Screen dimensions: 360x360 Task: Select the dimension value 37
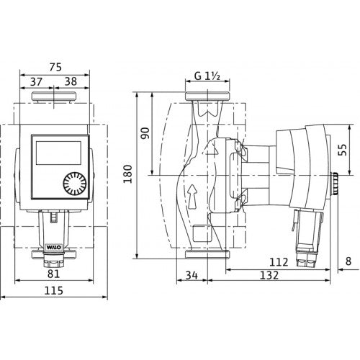pos(36,81)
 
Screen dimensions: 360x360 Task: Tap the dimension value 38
pos(71,81)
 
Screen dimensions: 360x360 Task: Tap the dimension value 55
pos(343,150)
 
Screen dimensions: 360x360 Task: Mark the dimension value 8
pos(348,261)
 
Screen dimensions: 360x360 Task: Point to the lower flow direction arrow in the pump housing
pos(193,196)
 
